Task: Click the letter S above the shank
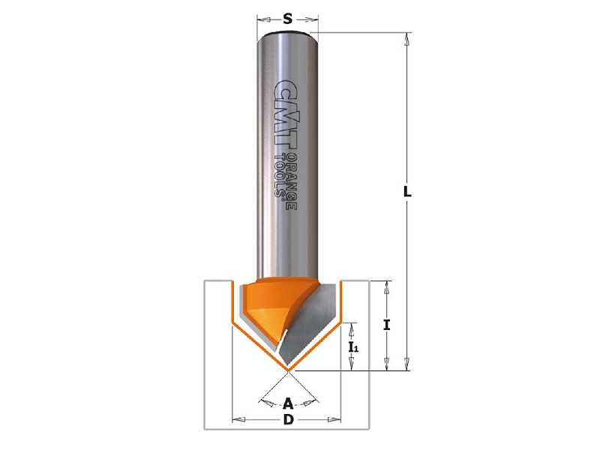pyautogui.click(x=287, y=18)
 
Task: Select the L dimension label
pyautogui.click(x=407, y=191)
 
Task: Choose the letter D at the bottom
pyautogui.click(x=288, y=420)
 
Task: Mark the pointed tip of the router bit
pyautogui.click(x=287, y=370)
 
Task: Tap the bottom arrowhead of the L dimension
pyautogui.click(x=407, y=364)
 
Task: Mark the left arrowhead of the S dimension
pyautogui.click(x=260, y=18)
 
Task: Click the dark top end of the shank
pyautogui.click(x=287, y=32)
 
